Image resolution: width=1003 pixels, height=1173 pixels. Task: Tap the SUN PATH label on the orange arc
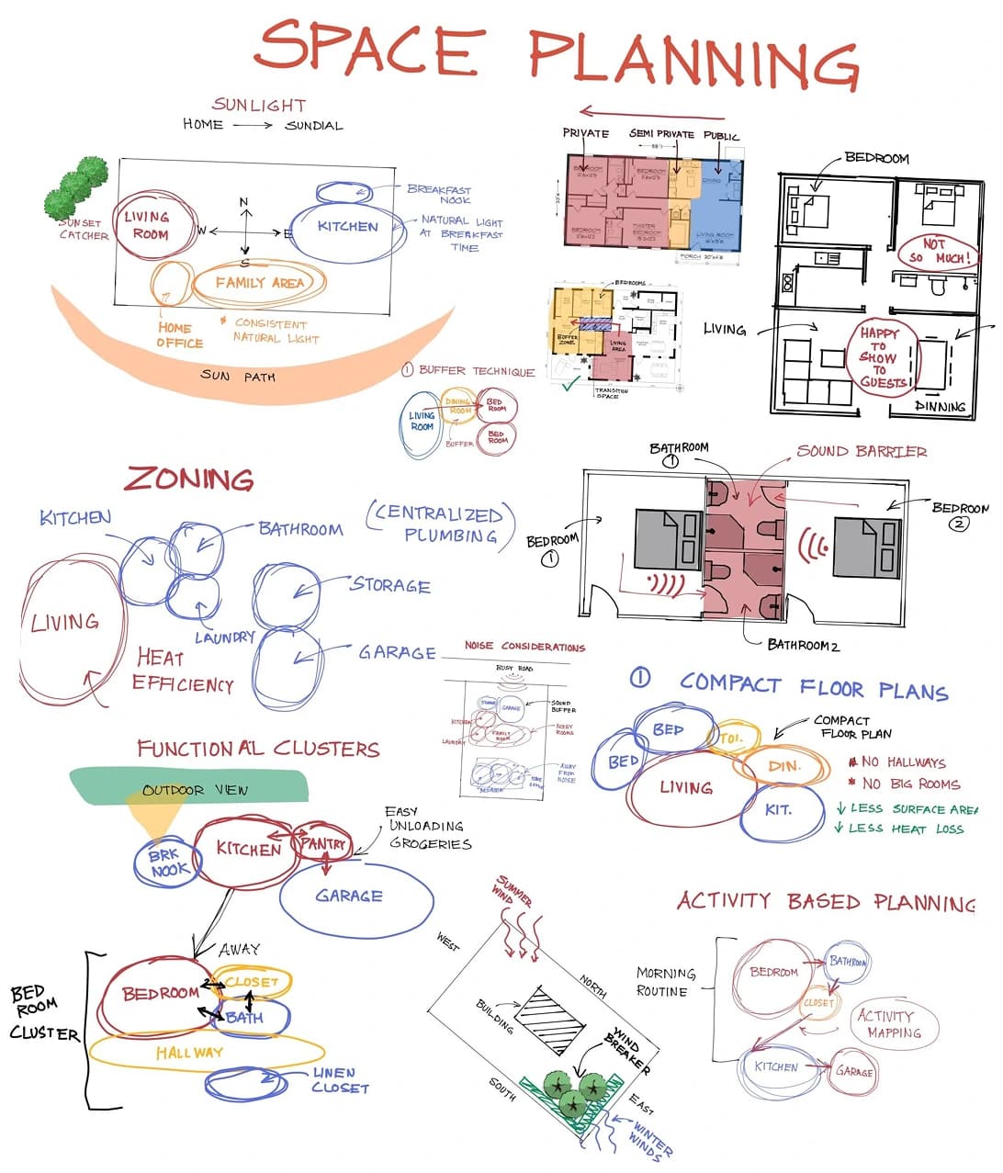click(x=237, y=376)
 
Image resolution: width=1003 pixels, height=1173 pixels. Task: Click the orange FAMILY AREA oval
click(x=259, y=283)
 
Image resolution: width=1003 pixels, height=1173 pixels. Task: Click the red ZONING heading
click(x=189, y=479)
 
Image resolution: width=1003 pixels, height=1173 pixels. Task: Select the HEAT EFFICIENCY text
click(x=182, y=671)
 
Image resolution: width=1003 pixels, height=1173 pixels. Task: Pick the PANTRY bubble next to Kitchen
click(x=322, y=843)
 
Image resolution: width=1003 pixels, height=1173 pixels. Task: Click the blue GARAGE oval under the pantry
click(x=353, y=896)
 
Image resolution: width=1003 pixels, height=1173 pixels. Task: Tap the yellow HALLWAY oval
click(x=191, y=1052)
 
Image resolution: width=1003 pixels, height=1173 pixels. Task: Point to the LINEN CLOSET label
click(x=339, y=1080)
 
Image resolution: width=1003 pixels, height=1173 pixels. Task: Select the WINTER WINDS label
click(x=650, y=1137)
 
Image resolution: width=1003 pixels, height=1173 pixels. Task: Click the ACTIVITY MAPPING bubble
click(x=888, y=1023)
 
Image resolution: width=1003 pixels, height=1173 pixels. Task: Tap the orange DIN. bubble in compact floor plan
click(x=783, y=766)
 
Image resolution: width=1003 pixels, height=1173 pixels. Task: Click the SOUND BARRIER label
click(x=862, y=451)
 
